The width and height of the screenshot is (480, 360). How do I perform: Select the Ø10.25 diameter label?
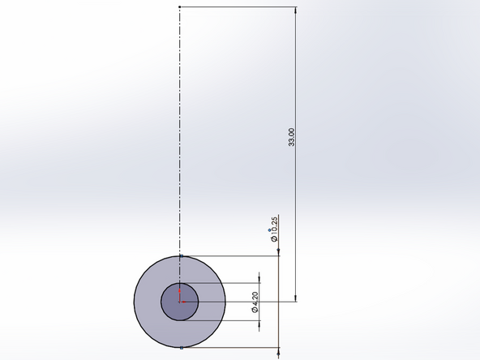tap(274, 229)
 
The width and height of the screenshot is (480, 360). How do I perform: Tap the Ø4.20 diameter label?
tap(255, 302)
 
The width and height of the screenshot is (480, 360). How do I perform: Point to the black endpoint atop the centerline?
tap(179, 6)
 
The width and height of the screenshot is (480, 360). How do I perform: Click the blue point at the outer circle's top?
tap(179, 256)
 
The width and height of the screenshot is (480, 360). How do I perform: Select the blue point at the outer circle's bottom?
tap(179, 347)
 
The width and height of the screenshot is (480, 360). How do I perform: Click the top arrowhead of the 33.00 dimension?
tap(296, 11)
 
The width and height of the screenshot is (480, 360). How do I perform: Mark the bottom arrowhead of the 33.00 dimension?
tap(296, 298)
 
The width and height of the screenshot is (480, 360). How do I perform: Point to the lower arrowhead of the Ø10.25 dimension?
tap(277, 352)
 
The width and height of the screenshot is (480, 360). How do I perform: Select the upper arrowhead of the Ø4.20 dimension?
tap(259, 278)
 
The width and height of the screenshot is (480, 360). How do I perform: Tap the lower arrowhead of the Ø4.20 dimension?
tap(259, 325)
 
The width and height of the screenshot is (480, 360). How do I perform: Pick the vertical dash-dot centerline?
tap(179, 130)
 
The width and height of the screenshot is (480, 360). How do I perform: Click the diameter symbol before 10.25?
tap(274, 238)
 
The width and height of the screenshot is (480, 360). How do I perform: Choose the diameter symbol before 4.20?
tap(255, 310)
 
